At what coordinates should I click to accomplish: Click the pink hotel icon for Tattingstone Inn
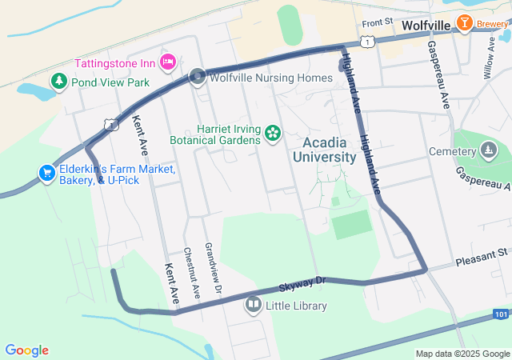(168, 62)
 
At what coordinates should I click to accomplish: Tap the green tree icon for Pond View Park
(58, 82)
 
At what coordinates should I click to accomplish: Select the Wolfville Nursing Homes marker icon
(198, 78)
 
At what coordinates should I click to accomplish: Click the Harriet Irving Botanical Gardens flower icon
(273, 133)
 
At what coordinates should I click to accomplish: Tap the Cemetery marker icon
(488, 150)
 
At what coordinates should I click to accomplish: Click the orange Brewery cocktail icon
(463, 23)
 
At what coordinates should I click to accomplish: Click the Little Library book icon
(254, 305)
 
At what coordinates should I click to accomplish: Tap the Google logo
(26, 350)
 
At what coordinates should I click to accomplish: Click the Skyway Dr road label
(304, 283)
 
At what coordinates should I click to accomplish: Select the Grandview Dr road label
(212, 267)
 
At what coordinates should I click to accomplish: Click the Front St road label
(378, 24)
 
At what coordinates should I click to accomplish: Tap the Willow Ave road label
(489, 56)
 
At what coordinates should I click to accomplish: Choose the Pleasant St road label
(482, 257)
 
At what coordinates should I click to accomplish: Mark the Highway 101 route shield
(500, 314)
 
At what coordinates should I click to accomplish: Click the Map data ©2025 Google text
(463, 353)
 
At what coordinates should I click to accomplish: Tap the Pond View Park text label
(110, 82)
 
